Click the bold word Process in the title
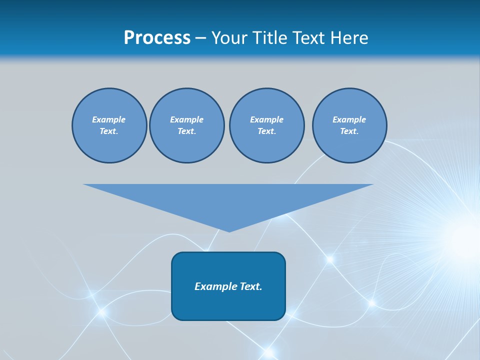point(157,38)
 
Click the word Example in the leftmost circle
point(109,119)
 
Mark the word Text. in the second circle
point(186,131)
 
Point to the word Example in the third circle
point(266,119)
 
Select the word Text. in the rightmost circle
point(349,131)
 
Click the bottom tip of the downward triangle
point(229,230)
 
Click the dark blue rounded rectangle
point(228,305)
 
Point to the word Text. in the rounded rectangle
point(251,286)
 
